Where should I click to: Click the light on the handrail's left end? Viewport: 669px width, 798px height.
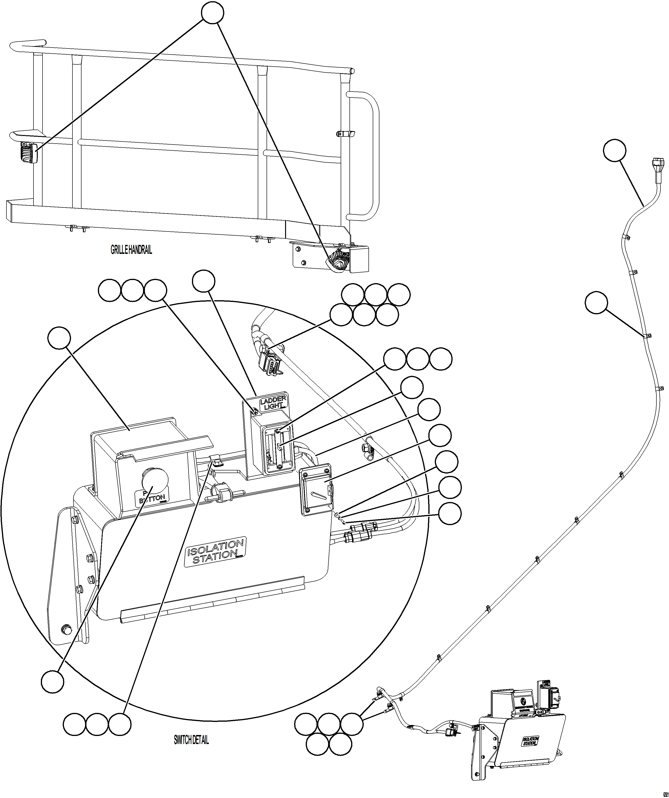29,153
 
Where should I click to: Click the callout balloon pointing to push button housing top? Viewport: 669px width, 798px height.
59,338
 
